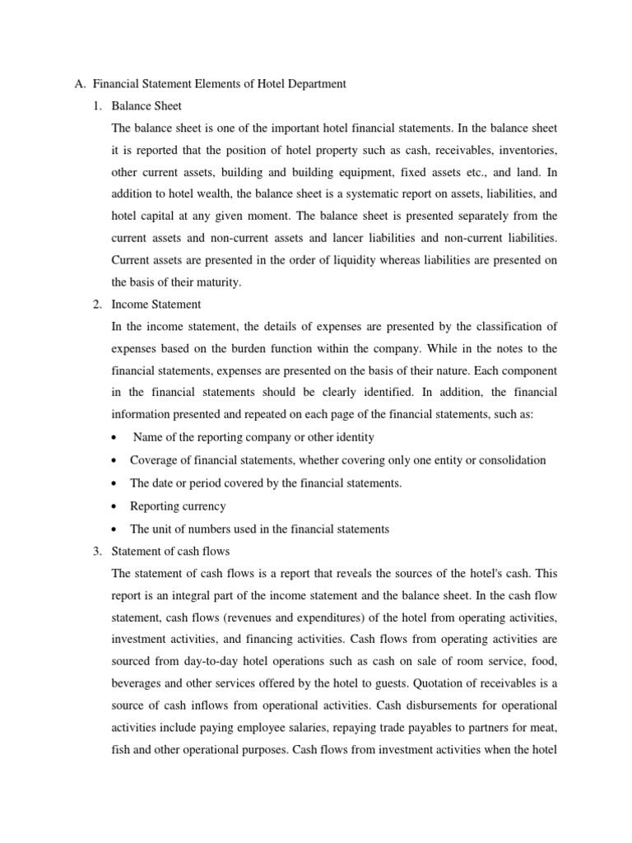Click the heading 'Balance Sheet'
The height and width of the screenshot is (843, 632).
coord(146,106)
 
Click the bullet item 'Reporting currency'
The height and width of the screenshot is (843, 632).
coord(177,505)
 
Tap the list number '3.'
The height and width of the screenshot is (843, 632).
coord(97,551)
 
